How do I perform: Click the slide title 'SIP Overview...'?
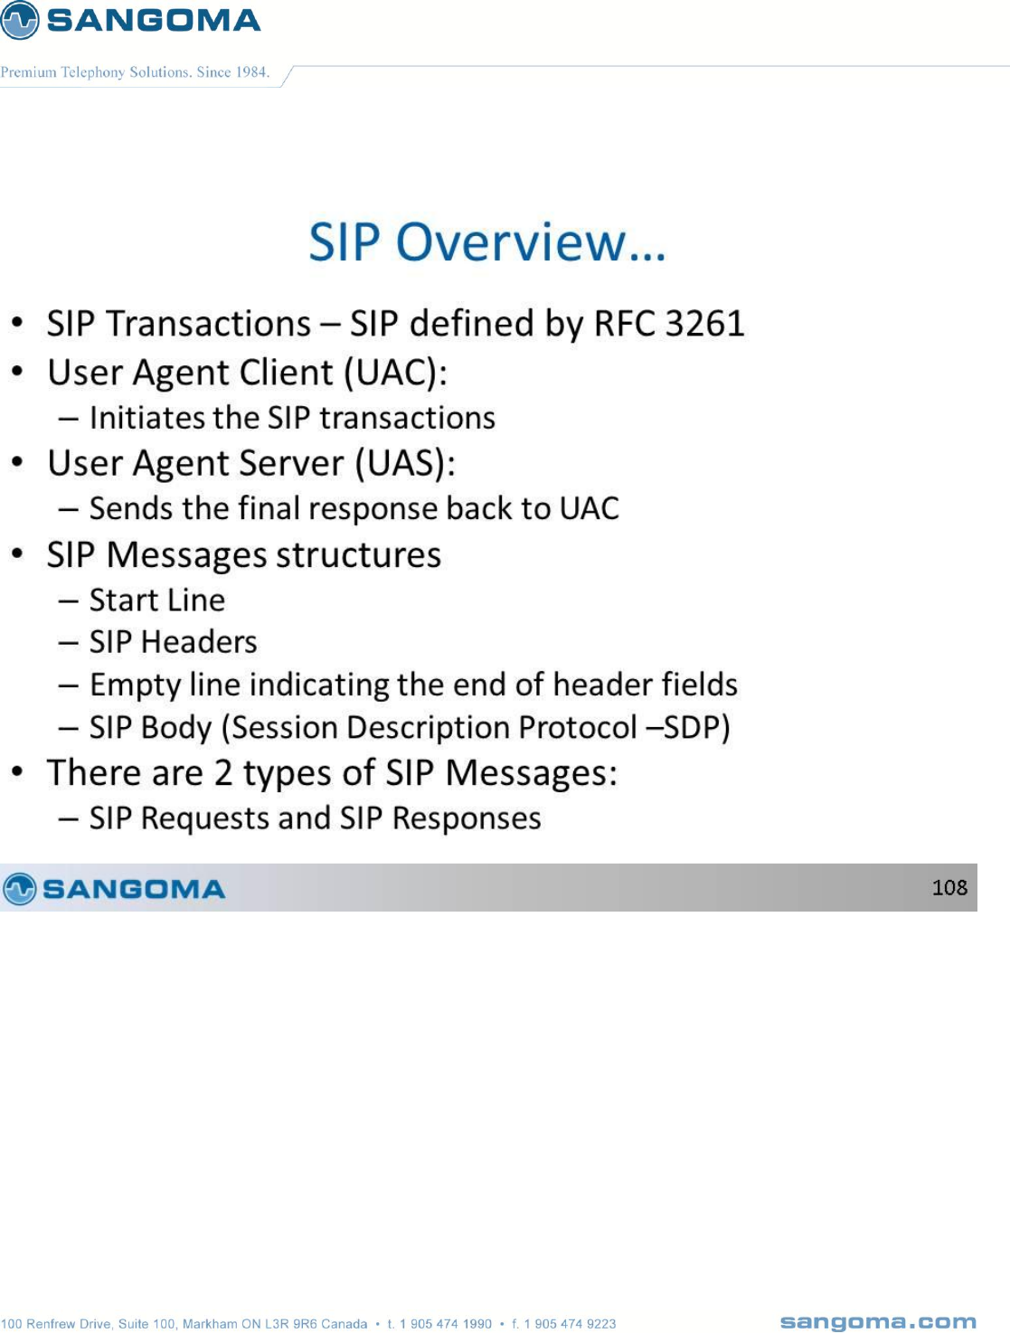pos(486,241)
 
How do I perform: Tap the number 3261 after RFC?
pos(704,323)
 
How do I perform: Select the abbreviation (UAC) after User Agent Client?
pos(396,373)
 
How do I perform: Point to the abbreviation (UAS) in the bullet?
pos(405,463)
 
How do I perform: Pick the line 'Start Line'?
pos(157,600)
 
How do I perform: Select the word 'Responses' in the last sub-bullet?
pos(467,818)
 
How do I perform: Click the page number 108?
pos(949,887)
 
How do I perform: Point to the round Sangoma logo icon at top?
pos(19,20)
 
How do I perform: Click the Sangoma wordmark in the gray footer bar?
pos(134,889)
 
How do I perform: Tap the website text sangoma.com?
pos(878,1322)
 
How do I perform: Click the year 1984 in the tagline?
pos(251,72)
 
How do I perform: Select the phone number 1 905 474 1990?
pos(445,1324)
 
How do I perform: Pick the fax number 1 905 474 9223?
pos(570,1324)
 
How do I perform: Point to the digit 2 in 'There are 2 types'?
pos(222,773)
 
